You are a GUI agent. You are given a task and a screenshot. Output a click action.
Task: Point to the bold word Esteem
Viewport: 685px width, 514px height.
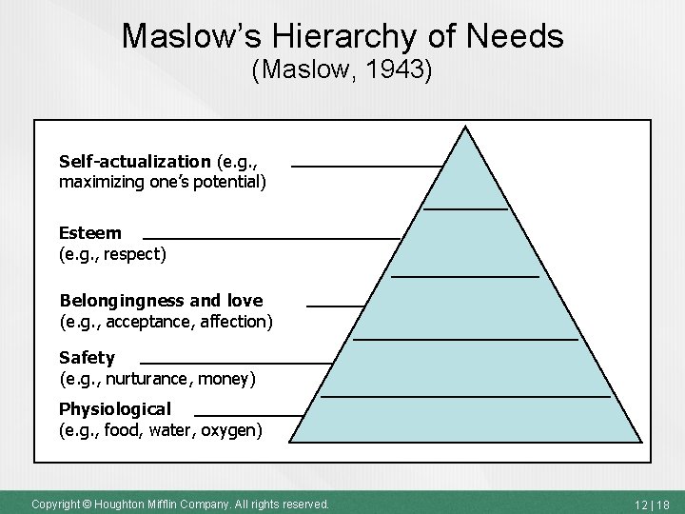tap(90, 233)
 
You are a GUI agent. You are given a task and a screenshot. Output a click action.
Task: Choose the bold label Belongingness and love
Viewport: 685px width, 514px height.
tap(161, 301)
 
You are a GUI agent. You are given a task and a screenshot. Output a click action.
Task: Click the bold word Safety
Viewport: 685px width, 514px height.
tap(87, 358)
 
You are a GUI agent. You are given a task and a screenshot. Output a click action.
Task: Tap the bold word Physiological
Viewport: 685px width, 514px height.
tap(115, 409)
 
